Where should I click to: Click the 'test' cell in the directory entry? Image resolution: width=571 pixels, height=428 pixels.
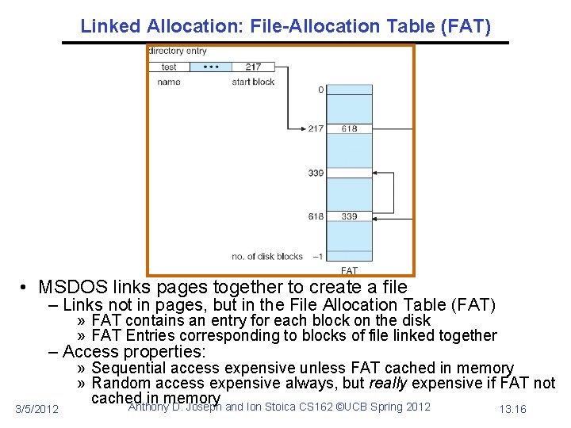(x=169, y=67)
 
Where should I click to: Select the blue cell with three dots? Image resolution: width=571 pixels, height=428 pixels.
(x=211, y=67)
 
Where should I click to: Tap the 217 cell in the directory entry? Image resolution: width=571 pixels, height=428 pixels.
(x=253, y=67)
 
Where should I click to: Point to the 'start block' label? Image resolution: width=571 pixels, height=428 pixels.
(x=253, y=82)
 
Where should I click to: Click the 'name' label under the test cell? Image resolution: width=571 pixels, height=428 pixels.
(x=169, y=82)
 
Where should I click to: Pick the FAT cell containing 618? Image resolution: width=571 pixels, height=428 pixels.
(x=350, y=128)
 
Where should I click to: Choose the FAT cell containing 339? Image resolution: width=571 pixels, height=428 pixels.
(x=350, y=216)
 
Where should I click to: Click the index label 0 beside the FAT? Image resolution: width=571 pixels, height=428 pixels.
(x=320, y=90)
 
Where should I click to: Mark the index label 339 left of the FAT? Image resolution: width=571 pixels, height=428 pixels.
(x=316, y=173)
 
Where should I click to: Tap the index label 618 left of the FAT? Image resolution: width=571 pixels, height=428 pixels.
(x=316, y=216)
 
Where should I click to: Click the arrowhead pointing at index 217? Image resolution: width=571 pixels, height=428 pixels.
(x=302, y=128)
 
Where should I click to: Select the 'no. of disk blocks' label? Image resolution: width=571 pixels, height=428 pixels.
(x=268, y=256)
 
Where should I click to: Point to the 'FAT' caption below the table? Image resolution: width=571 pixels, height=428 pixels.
(x=349, y=271)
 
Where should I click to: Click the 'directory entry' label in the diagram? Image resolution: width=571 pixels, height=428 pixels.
(x=178, y=52)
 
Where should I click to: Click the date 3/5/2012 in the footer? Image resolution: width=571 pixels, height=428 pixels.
(x=37, y=409)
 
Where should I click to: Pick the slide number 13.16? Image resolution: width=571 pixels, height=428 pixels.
(x=512, y=409)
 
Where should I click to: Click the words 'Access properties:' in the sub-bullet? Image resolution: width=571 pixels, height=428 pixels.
(x=133, y=351)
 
